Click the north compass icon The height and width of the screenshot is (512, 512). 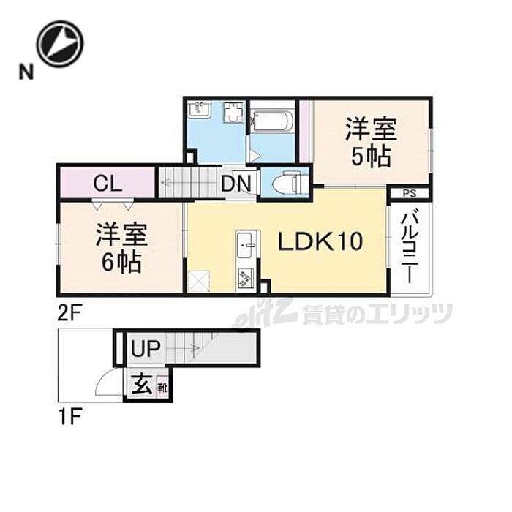coord(60,43)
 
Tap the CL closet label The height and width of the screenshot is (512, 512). coord(107,183)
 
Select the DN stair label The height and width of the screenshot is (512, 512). coord(238,183)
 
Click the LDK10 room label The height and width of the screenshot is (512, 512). coord(319,242)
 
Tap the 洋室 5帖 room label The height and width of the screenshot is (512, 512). coord(370,143)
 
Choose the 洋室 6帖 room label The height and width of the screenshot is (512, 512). coord(121,248)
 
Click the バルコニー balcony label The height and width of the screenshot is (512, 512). coord(411,246)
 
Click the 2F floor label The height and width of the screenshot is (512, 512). coord(70,313)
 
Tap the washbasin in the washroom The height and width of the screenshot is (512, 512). coord(199,110)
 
